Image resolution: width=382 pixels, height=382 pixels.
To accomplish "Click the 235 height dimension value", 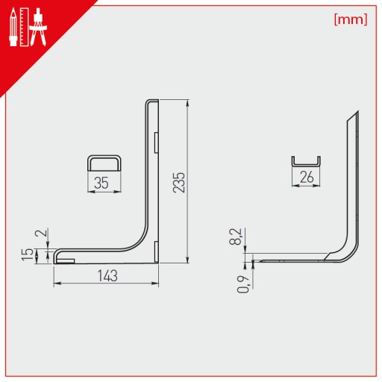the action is (179, 182).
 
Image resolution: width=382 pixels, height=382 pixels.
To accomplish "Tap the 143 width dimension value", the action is (107, 276).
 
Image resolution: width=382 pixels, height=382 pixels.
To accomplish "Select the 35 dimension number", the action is (101, 183).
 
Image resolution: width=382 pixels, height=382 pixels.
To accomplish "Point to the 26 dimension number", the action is (307, 177).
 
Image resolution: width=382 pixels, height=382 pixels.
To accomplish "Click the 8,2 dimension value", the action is (236, 237).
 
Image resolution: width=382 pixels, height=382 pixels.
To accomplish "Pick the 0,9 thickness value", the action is (243, 284).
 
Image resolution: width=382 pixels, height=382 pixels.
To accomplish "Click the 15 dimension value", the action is (28, 254).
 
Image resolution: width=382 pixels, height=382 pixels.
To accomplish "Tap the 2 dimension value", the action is (42, 233).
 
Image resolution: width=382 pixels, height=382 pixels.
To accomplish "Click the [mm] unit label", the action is (351, 19).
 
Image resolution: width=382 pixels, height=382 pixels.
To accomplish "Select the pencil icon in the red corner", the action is (13, 27).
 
